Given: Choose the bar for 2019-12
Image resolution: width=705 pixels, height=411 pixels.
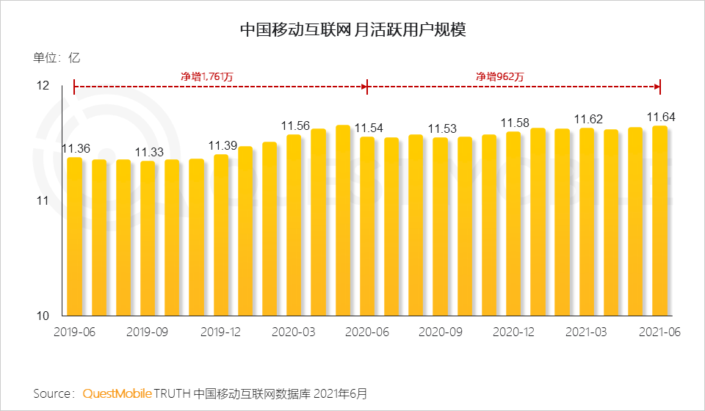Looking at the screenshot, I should [x=221, y=235].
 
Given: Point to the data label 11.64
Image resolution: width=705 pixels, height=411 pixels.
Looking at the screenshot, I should [x=660, y=117].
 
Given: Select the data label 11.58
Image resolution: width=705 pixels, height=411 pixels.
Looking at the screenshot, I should [x=514, y=123].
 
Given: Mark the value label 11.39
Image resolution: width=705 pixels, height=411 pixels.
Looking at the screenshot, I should [x=222, y=145].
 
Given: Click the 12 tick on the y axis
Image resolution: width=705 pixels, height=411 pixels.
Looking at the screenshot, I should [x=43, y=87].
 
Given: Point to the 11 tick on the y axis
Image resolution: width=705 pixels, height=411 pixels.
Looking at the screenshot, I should [x=43, y=201].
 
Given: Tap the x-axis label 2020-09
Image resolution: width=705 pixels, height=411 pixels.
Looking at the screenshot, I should [x=440, y=332].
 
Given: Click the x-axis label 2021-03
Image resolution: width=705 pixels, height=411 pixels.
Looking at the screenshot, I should [x=586, y=332].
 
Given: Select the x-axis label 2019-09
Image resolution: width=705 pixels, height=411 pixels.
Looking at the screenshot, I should [x=148, y=332].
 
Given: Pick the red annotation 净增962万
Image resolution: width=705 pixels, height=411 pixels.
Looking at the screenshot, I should [x=499, y=76].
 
